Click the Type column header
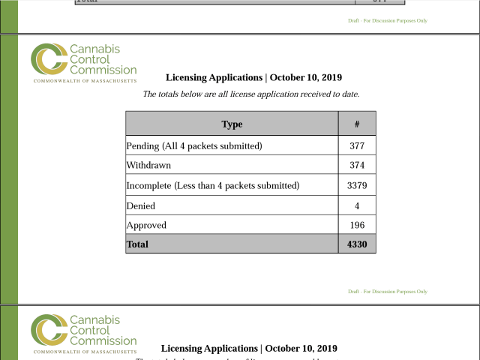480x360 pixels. click(x=232, y=124)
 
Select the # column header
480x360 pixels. click(x=357, y=124)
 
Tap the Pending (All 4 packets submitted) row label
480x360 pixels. click(x=194, y=145)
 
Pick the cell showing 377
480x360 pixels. click(x=357, y=145)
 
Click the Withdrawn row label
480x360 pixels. click(x=148, y=165)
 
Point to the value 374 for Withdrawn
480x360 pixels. click(x=357, y=165)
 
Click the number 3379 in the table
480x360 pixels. click(x=357, y=185)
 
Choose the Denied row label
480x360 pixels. click(x=141, y=205)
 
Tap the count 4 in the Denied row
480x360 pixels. click(x=357, y=205)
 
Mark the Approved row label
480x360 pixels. click(x=146, y=225)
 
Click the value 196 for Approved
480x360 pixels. click(x=357, y=225)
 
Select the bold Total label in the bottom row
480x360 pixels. click(x=138, y=244)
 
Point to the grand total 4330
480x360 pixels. click(x=357, y=244)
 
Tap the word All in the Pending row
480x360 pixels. click(x=170, y=145)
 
